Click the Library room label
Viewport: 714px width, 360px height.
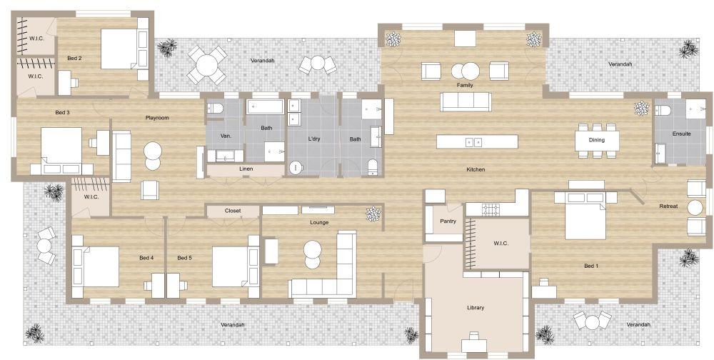point(476,308)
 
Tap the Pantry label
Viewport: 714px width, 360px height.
point(448,221)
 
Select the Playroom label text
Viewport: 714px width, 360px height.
point(156,118)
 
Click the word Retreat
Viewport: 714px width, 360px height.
point(668,206)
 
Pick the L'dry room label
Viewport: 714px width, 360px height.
point(314,138)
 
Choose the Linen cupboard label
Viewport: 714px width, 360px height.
point(246,169)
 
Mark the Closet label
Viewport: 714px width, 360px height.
point(233,211)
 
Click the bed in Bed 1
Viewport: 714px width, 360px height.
point(585,217)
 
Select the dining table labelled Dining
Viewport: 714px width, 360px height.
point(597,139)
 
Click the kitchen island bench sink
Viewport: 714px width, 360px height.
point(473,142)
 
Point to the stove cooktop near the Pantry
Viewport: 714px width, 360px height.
point(491,209)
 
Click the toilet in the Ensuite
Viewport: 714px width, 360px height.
point(663,111)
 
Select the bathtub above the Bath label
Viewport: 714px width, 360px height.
point(266,108)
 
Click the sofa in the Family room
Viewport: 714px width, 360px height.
point(466,101)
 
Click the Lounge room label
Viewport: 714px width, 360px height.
point(319,222)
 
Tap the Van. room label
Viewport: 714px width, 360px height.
point(226,136)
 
